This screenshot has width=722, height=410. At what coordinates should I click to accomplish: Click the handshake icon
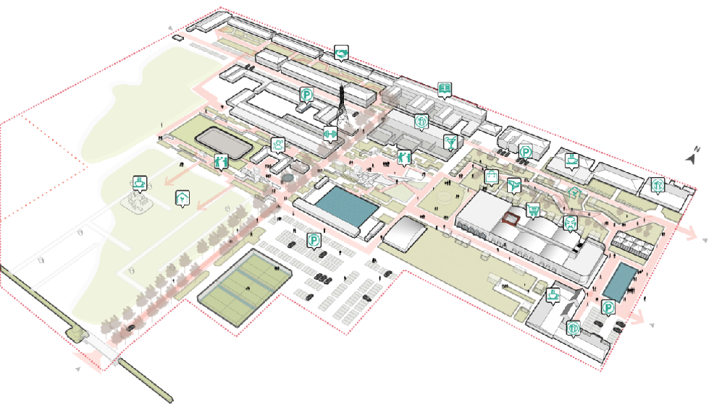click(x=341, y=54)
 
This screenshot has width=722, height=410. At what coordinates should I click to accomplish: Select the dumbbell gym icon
click(x=329, y=134)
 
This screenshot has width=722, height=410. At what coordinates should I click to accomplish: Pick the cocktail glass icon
click(x=450, y=142)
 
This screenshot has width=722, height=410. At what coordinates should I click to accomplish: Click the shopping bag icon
click(x=491, y=177)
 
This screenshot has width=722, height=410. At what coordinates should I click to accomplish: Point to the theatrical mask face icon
click(x=571, y=223)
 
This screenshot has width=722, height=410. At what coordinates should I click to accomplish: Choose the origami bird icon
click(x=513, y=186)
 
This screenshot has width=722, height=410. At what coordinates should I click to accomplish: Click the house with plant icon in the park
click(x=182, y=199)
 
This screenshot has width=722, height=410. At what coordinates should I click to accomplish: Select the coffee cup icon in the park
click(x=140, y=182)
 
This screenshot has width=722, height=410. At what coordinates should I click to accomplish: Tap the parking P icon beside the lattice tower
click(x=306, y=95)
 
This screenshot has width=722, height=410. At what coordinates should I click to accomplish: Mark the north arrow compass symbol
click(x=692, y=155)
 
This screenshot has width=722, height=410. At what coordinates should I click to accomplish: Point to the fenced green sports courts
click(x=245, y=287)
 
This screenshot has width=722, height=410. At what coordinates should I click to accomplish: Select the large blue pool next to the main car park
click(x=346, y=205)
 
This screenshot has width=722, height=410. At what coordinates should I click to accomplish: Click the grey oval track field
click(x=224, y=142)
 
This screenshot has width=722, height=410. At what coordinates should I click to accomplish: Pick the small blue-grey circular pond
click(x=287, y=177)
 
